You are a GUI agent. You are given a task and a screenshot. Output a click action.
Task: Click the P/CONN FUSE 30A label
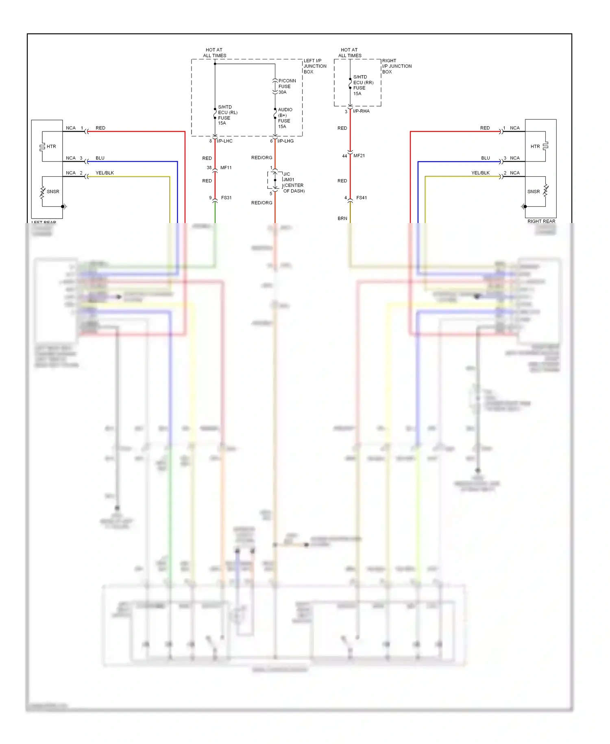tap(287, 86)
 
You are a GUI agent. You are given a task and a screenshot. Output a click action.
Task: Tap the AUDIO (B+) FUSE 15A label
tap(285, 118)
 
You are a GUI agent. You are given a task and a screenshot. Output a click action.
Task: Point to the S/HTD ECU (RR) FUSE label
tap(362, 85)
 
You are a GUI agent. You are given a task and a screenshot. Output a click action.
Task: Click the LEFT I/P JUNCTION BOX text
tap(314, 66)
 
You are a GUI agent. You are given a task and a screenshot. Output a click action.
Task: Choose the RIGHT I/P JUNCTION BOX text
tap(396, 66)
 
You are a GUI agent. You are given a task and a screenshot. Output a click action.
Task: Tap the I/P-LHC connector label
tap(224, 141)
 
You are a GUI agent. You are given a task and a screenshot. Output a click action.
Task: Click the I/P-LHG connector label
tap(285, 141)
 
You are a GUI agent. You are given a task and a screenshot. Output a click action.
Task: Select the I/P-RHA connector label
tap(361, 111)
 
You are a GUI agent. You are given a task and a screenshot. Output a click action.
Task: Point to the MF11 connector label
tap(226, 168)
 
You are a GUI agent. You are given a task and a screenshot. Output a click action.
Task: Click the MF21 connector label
tap(359, 156)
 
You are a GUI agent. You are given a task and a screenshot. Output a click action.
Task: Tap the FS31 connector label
tap(226, 198)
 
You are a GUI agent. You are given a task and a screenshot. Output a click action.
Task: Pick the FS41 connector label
tap(361, 198)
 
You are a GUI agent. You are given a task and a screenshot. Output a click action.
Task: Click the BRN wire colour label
tap(342, 219)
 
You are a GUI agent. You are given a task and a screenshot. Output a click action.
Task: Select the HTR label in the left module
tap(51, 147)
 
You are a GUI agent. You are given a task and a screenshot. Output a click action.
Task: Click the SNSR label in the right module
tap(533, 192)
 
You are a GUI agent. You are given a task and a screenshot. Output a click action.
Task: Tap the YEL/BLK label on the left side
tap(105, 173)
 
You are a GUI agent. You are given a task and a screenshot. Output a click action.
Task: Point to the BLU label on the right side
tap(485, 158)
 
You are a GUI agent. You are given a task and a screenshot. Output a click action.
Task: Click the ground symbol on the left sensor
tap(64, 206)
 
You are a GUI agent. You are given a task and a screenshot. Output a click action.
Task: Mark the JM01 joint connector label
tap(289, 179)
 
